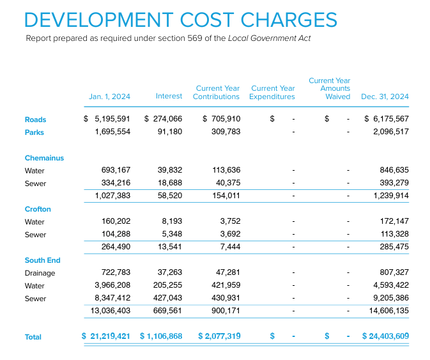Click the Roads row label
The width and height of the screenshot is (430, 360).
click(x=36, y=120)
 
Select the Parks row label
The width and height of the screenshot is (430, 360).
click(x=35, y=132)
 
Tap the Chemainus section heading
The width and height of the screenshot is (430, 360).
click(x=44, y=158)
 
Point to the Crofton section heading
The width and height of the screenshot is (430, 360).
click(x=38, y=209)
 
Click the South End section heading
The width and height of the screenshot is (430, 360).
click(x=42, y=260)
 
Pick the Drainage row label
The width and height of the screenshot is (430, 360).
click(x=40, y=273)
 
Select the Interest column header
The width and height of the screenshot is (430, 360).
click(x=169, y=97)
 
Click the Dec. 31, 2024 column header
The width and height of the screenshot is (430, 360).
click(x=385, y=97)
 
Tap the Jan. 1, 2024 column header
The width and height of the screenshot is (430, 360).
click(x=109, y=97)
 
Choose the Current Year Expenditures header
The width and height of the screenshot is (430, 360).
click(x=272, y=93)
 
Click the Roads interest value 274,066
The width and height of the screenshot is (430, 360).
click(x=167, y=120)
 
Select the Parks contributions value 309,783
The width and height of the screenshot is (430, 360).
click(x=226, y=132)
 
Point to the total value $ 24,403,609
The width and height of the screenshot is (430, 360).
click(x=385, y=336)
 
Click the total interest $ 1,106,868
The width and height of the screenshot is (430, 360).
click(x=161, y=336)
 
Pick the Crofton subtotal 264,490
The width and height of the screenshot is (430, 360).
click(x=116, y=247)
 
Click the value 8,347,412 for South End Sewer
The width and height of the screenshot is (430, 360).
click(x=112, y=299)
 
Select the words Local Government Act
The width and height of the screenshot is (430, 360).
click(x=275, y=38)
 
